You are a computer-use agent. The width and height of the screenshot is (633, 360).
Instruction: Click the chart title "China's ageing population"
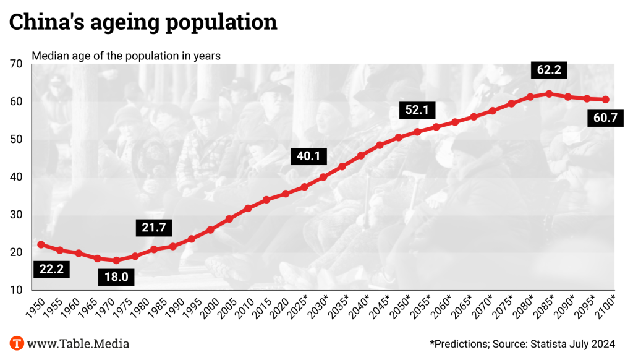pos(142,22)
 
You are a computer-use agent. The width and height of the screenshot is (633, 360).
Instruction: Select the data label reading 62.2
pos(548,70)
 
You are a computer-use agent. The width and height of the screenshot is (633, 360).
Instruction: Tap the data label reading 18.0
pos(116,276)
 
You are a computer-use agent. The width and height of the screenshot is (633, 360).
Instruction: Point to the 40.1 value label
pos(308,156)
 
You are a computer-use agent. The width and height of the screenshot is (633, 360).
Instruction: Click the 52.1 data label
pos(417,110)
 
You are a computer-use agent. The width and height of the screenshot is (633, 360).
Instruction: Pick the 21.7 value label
pos(154,228)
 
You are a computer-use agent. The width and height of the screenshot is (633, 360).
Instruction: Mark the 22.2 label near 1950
pos(51,268)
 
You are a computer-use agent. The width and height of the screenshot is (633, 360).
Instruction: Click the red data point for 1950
pos(41,244)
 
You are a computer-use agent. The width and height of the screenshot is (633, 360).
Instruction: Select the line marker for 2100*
pos(606,100)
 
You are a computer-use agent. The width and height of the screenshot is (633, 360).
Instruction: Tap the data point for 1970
pos(116,260)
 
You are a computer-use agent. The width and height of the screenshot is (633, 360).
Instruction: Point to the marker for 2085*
pos(549,94)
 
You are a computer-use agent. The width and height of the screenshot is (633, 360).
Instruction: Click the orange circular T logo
pos(17,343)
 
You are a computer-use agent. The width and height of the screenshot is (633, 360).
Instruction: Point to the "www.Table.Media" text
pos(79,343)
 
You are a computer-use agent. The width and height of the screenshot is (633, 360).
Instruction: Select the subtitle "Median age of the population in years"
pos(126,56)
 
